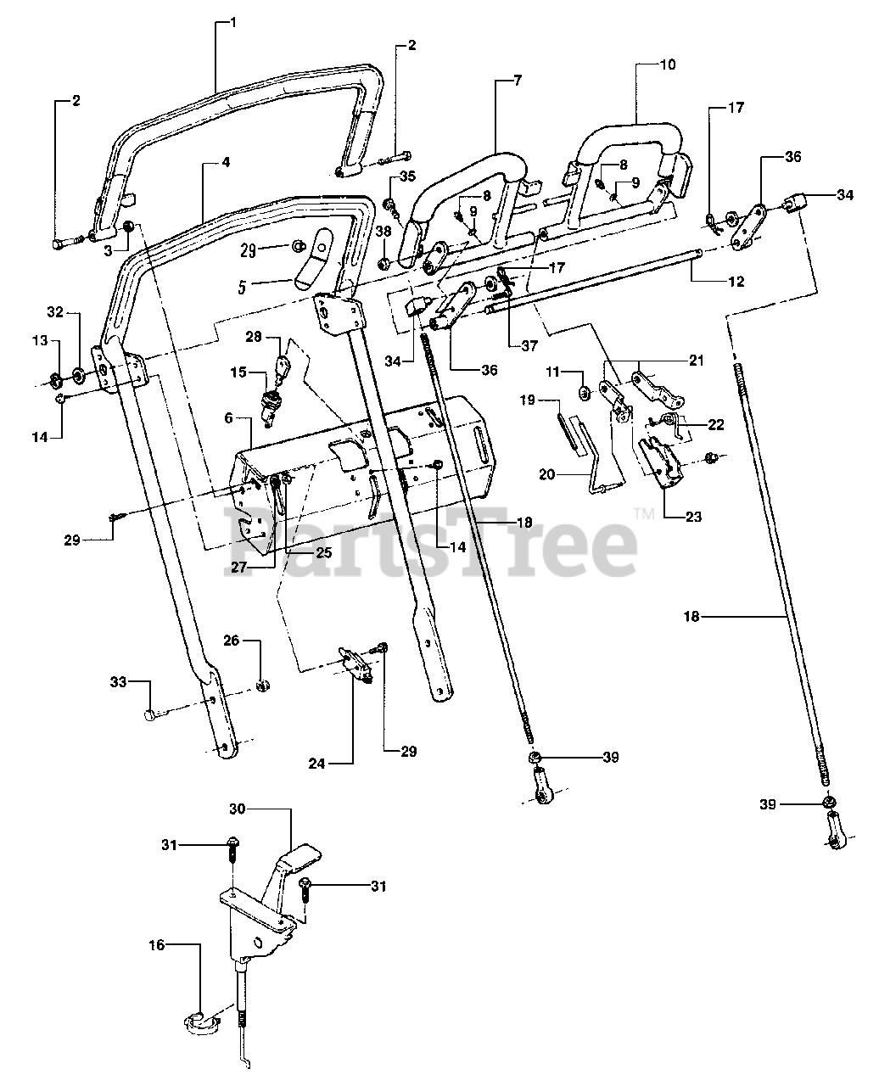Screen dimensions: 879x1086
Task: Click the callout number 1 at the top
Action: tap(233, 23)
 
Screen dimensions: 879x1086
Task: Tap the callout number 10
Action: tap(668, 64)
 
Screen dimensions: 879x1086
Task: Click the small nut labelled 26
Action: tap(263, 686)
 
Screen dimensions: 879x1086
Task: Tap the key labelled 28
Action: tap(282, 366)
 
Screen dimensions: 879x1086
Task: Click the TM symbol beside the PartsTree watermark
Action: tap(645, 513)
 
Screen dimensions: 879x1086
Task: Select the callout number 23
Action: tap(694, 517)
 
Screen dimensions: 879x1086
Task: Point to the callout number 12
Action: tap(736, 282)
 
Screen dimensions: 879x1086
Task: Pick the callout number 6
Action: tap(228, 418)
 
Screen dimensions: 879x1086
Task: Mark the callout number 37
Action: tap(529, 345)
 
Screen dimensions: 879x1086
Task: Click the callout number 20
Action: tap(546, 474)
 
